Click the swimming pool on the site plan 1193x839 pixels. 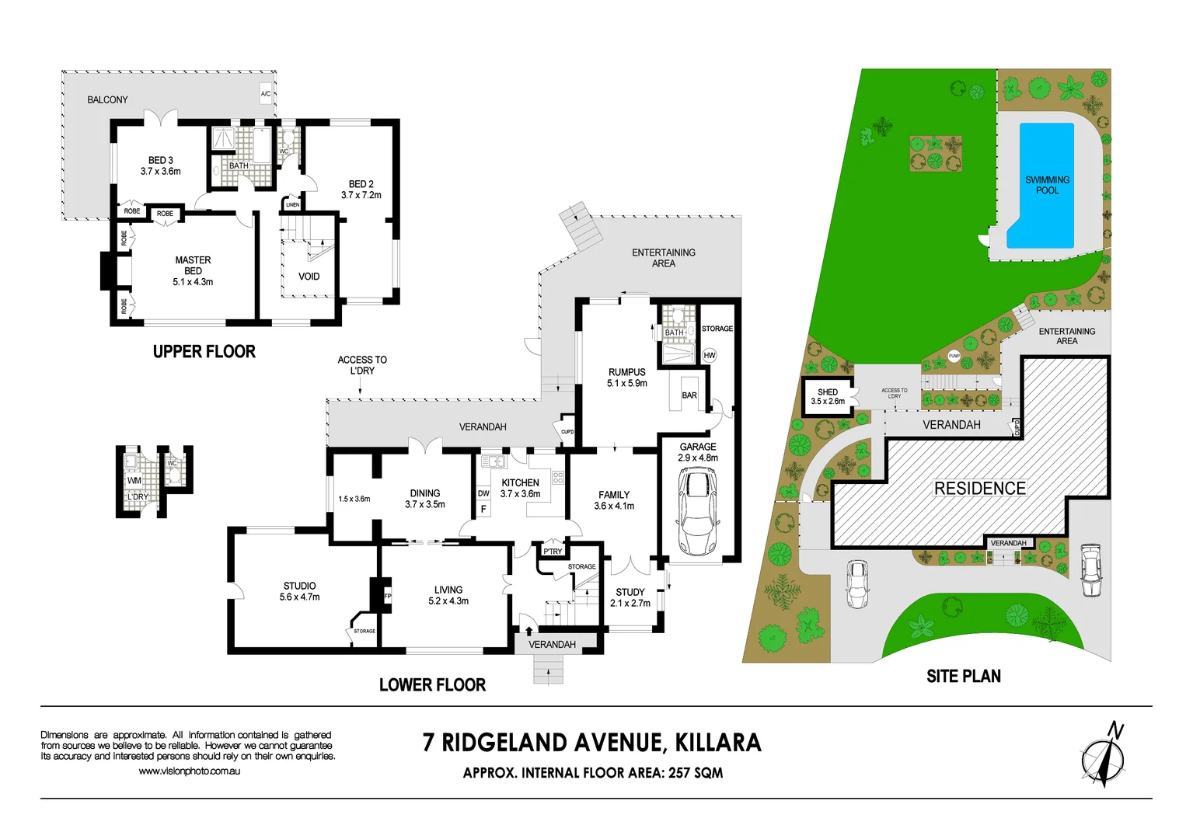[x=1041, y=186]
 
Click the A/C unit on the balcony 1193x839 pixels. [x=266, y=94]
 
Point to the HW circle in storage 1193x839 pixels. [x=709, y=355]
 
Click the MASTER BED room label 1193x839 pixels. [x=193, y=261]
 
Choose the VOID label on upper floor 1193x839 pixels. [x=309, y=277]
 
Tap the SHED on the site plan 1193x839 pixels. [x=827, y=397]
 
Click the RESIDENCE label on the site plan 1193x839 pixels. [x=979, y=489]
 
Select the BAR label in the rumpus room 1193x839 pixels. [x=689, y=395]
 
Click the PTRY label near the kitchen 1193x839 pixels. [x=553, y=552]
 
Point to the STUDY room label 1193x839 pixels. [x=630, y=592]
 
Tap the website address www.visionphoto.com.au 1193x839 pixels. [x=189, y=771]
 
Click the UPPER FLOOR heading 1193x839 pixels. [x=204, y=352]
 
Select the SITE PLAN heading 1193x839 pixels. [x=963, y=677]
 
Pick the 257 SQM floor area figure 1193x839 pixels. [x=695, y=773]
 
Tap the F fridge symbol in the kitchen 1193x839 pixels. [x=483, y=510]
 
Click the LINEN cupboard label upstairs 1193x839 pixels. [x=292, y=205]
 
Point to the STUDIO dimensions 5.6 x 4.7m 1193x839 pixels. [x=299, y=597]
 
